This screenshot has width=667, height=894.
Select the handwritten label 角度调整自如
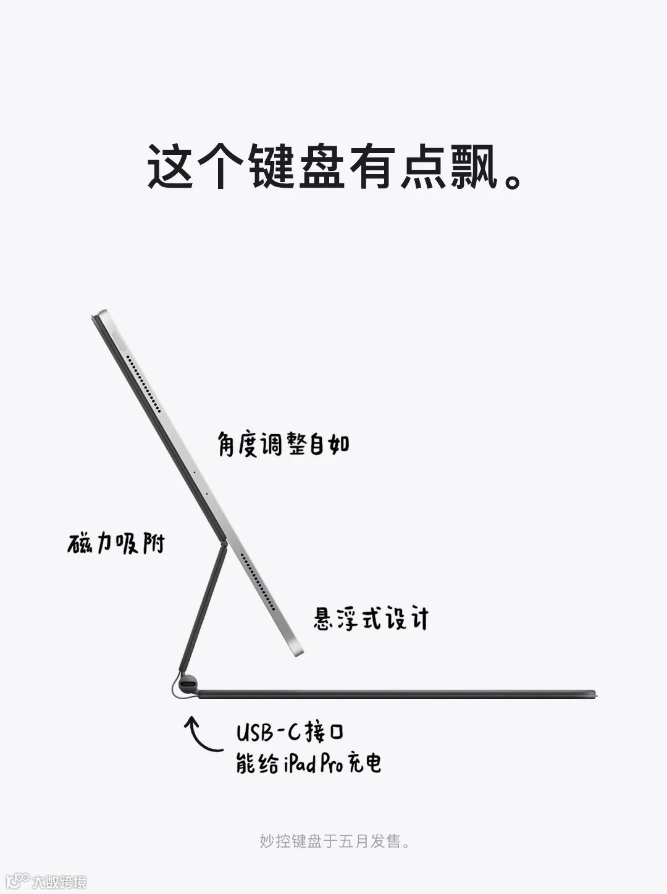point(283,444)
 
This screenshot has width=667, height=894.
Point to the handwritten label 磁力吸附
point(117,543)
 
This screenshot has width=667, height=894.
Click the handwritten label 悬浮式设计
point(371,618)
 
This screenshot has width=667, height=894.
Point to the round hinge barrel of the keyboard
point(188,685)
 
